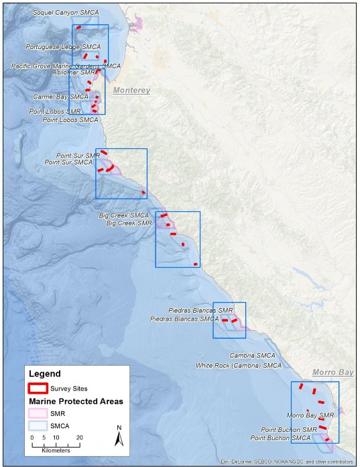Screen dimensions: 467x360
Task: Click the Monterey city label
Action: pyautogui.click(x=131, y=90)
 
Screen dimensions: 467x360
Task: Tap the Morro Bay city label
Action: pyautogui.click(x=333, y=372)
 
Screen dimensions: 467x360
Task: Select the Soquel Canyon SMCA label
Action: pyautogui.click(x=66, y=13)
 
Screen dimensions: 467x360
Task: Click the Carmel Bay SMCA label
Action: pyautogui.click(x=60, y=97)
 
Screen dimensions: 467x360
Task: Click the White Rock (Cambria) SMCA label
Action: pyautogui.click(x=239, y=366)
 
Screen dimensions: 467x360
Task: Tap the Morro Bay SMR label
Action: pyautogui.click(x=310, y=416)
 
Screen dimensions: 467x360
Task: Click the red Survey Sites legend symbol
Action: pyautogui.click(x=38, y=388)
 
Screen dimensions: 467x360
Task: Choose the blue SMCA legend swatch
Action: pyautogui.click(x=38, y=425)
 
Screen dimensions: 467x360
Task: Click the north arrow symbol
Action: pyautogui.click(x=119, y=437)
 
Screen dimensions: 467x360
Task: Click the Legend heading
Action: pyautogui.click(x=44, y=374)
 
